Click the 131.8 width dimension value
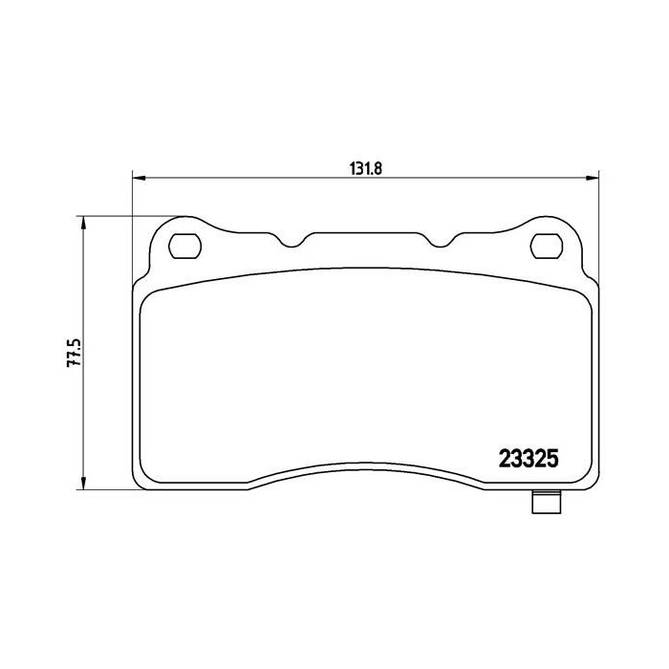pos(366,169)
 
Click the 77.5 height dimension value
pos(74,353)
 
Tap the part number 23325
pos(529,460)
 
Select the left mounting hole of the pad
pos(184,247)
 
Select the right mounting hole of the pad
pos(547,247)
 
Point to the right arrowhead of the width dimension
pos(593,178)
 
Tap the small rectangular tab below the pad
pos(547,502)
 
